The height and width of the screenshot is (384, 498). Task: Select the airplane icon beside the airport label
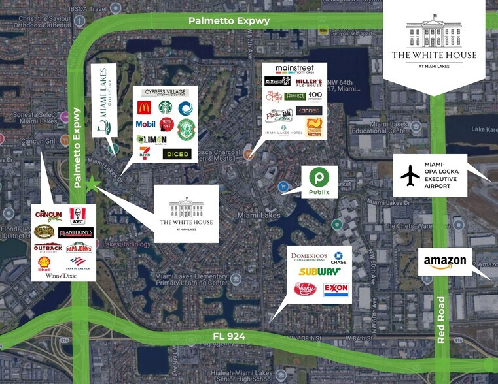(x=411, y=175)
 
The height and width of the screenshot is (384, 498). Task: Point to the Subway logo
(x=319, y=272)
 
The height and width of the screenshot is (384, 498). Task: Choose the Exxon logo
(x=335, y=289)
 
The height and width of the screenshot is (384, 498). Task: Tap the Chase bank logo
(x=338, y=259)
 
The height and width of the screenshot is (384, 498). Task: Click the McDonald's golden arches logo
(x=145, y=108)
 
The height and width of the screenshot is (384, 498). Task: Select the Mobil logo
(x=145, y=124)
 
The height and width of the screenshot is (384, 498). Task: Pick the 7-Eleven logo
(x=145, y=153)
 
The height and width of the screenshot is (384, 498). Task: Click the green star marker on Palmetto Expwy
(x=92, y=185)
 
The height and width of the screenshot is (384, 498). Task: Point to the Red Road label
(x=440, y=320)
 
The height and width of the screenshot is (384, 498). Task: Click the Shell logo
(x=44, y=263)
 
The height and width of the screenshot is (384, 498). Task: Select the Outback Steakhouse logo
(x=48, y=248)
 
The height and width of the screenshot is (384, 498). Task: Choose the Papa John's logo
(x=78, y=248)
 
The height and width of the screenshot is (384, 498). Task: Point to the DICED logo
(x=177, y=154)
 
